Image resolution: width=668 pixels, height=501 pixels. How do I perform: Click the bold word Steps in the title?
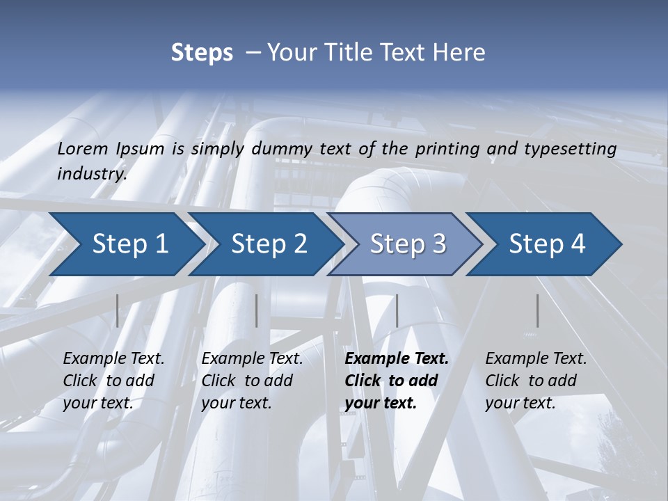tap(202, 52)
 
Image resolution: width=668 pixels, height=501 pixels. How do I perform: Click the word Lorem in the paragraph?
tap(83, 148)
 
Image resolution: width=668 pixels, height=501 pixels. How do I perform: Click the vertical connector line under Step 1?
tap(117, 310)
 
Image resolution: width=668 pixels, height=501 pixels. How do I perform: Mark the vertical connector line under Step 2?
tap(257, 310)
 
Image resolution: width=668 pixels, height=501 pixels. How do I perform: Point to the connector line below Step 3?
tap(397, 310)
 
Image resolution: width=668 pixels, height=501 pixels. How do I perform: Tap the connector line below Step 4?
tap(537, 310)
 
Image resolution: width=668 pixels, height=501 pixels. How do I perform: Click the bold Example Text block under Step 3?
tap(397, 381)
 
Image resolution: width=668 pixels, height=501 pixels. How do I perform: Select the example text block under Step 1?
tap(113, 381)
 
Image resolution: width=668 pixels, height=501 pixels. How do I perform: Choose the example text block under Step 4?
tap(536, 381)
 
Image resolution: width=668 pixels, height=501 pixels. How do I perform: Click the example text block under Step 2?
tap(252, 381)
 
